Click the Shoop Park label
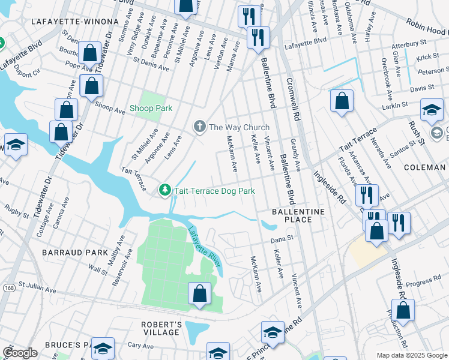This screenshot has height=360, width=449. coord(151,109)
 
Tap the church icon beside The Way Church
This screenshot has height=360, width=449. coord(199,127)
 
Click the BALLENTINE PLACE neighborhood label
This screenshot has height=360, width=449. coord(298,215)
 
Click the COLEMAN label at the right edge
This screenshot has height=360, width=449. coord(426,167)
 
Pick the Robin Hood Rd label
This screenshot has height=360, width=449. coord(427,28)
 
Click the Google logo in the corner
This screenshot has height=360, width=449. coord(20,352)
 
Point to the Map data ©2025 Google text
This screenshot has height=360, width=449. coord(411,355)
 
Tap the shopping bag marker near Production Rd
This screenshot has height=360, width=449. coord(404,310)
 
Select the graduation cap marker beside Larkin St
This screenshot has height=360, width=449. coord(432,110)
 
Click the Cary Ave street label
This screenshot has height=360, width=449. coord(141,346)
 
